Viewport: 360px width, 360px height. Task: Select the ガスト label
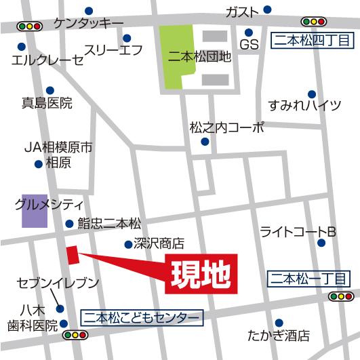click(242, 12)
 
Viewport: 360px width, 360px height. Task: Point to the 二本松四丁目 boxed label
click(312, 41)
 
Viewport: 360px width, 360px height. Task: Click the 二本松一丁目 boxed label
click(308, 278)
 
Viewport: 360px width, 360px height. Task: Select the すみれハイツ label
click(304, 105)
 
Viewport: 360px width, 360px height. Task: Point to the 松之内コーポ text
click(226, 127)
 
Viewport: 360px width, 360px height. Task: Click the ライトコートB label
click(298, 232)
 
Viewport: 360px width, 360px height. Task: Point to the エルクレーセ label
click(47, 60)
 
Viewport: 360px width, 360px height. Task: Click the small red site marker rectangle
click(73, 255)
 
